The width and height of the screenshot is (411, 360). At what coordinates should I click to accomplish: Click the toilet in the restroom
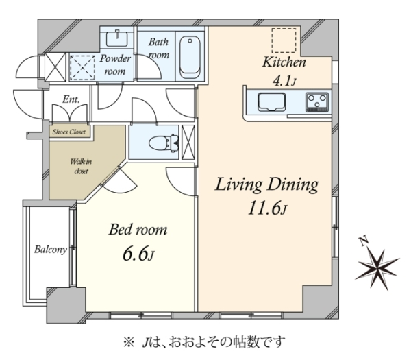tap(164, 143)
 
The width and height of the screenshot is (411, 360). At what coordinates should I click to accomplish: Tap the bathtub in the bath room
tap(190, 57)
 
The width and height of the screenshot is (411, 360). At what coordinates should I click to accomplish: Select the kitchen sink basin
tap(271, 102)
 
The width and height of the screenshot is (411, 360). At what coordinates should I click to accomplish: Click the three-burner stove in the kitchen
tap(317, 102)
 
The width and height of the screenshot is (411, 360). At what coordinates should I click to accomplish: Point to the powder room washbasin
tap(117, 38)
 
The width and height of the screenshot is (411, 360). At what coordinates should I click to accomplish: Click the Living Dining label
tap(266, 184)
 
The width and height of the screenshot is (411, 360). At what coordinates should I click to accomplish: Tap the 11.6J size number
tap(267, 208)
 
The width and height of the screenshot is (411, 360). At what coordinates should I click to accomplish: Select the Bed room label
tap(138, 230)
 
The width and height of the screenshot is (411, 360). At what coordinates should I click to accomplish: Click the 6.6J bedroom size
tap(138, 254)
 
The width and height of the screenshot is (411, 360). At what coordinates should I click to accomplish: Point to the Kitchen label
tap(284, 62)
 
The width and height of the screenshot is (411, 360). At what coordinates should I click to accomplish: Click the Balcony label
tap(51, 250)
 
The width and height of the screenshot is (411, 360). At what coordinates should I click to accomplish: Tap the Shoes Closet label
tap(69, 132)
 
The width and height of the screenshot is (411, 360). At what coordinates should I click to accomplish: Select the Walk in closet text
tap(81, 167)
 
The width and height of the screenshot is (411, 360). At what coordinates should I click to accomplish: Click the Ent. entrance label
tap(71, 99)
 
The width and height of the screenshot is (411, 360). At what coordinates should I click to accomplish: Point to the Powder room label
tap(115, 64)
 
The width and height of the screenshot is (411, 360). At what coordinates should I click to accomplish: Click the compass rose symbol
tap(377, 269)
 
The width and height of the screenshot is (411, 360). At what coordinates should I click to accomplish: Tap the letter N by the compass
tap(364, 241)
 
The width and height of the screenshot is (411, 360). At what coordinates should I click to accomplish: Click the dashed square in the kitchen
tap(284, 40)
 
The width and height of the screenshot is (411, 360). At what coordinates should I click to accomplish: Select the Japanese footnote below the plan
tap(204, 342)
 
